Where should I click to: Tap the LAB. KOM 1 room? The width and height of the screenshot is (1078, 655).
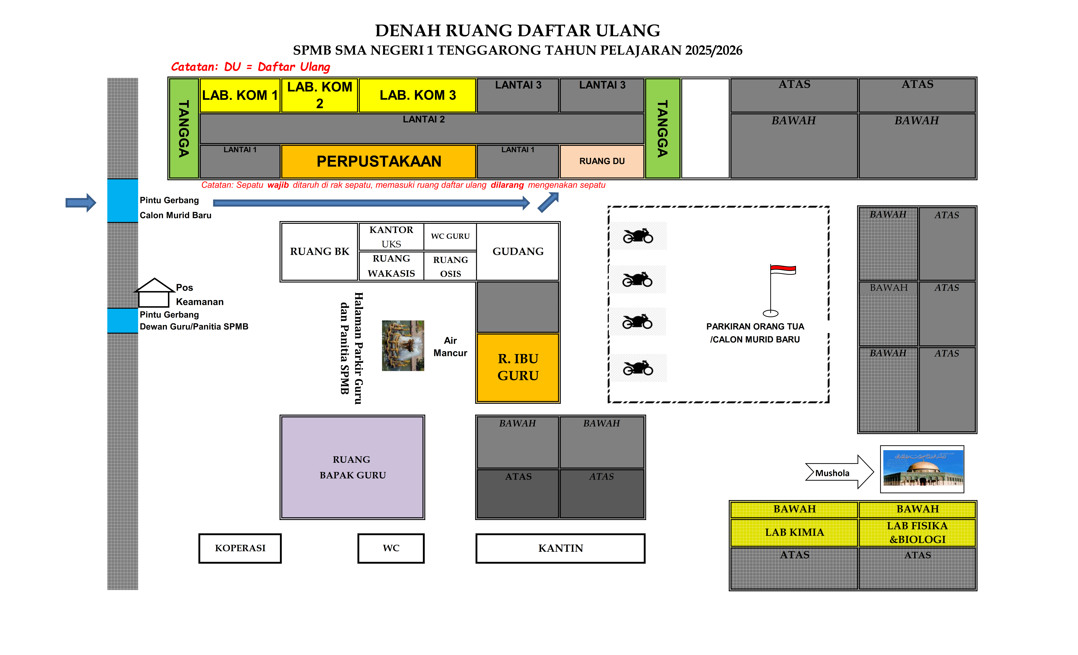240,95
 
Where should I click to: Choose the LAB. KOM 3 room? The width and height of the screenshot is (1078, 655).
417,95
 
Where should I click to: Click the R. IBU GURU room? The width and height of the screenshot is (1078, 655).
518,367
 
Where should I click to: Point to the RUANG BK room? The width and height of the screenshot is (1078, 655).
320,251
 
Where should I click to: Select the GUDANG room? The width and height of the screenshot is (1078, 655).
518,251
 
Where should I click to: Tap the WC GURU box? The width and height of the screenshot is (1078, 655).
450,236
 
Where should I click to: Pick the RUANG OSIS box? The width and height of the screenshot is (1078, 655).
450,266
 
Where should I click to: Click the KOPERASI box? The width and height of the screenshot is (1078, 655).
240,548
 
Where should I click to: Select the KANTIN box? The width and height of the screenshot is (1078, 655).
560,548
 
